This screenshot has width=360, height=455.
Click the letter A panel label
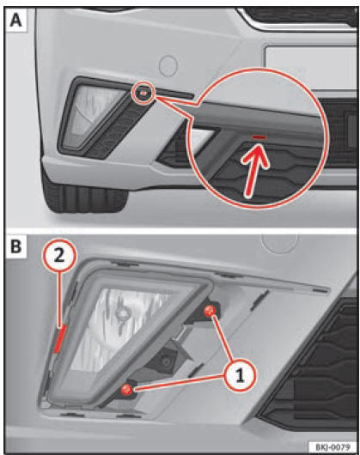click(x=16, y=20)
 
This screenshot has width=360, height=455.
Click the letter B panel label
click(x=16, y=246)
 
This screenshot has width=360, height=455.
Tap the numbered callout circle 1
click(x=240, y=375)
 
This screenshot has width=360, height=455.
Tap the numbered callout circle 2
click(x=59, y=256)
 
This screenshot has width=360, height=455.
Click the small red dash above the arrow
click(x=259, y=136)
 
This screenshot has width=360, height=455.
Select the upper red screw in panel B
click(x=210, y=311)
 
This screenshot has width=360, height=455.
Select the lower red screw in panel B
click(x=126, y=390)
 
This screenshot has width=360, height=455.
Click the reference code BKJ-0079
click(x=333, y=446)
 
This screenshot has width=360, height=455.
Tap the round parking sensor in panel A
click(x=168, y=65)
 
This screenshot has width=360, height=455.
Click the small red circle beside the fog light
click(x=144, y=93)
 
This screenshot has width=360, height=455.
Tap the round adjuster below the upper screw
click(x=167, y=361)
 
